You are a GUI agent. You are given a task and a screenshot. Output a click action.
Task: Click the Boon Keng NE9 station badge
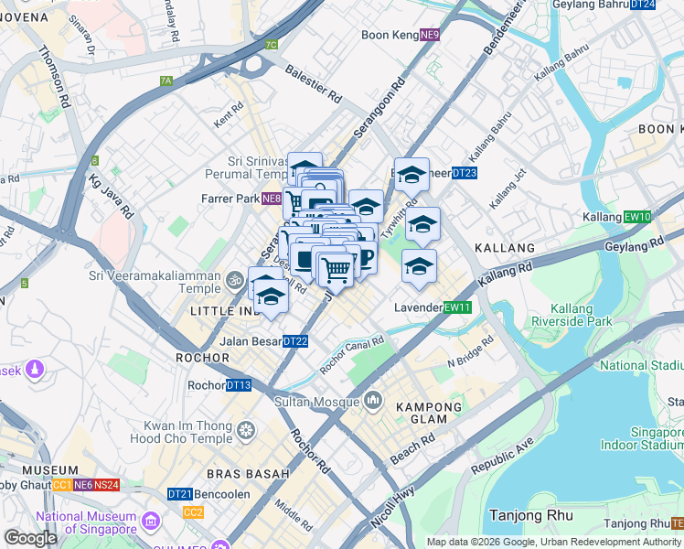pos(430,36)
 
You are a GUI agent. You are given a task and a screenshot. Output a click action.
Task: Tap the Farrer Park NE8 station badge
pos(271,198)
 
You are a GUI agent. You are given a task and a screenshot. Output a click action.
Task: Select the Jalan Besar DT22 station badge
pos(295,341)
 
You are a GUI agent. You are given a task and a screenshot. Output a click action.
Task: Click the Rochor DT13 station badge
pos(239,385)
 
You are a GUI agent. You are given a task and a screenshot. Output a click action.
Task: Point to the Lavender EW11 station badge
pos(456,307)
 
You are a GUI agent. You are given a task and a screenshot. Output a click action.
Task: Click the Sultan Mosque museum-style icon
pos(373,400)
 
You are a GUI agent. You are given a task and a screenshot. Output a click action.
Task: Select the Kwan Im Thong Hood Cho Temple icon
pos(245,428)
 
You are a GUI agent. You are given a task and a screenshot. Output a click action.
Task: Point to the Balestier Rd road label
pos(313,83)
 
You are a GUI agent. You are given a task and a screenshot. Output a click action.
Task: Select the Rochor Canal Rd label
pos(352,355)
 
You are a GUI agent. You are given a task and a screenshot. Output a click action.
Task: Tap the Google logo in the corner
pos(30,538)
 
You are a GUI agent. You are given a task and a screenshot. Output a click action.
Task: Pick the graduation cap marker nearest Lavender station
pos(419,266)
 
